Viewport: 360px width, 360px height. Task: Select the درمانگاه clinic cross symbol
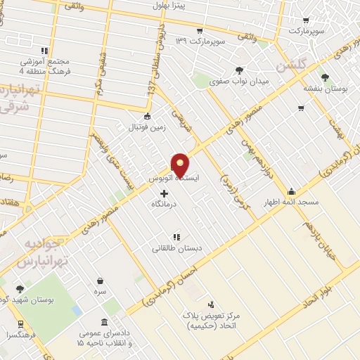coord(165,193)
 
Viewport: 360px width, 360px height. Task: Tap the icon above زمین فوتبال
coord(147,116)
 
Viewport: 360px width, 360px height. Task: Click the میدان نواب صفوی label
coord(240,82)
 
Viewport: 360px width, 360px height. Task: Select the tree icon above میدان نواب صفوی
coord(240,70)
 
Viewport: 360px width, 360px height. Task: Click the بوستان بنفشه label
coord(325,89)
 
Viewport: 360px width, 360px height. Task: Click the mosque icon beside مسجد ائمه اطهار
coord(291,191)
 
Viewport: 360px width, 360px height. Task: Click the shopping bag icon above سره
coord(101,280)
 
